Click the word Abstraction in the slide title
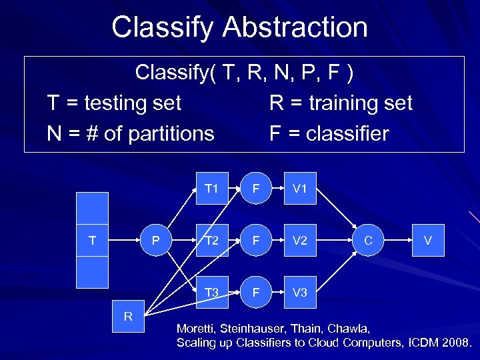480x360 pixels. click(x=295, y=28)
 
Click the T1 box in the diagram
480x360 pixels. click(x=212, y=189)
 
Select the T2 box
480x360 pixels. click(x=212, y=241)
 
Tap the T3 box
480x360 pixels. click(x=212, y=293)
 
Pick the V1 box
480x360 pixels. click(x=300, y=189)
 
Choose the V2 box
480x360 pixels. click(x=300, y=241)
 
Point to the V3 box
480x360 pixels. click(x=300, y=293)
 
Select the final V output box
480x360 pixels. click(x=430, y=241)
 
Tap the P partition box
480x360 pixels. click(x=155, y=241)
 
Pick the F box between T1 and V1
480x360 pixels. click(x=256, y=189)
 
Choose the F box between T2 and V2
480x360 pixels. click(x=256, y=241)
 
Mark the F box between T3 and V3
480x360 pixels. click(x=256, y=293)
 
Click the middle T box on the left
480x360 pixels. click(x=92, y=241)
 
